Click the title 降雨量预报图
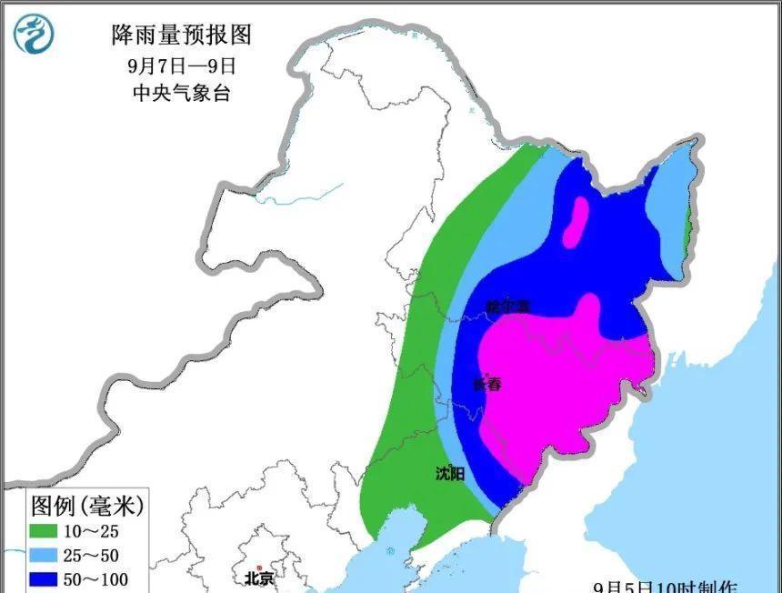(x=181, y=35)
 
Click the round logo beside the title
(x=34, y=35)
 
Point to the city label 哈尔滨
(x=507, y=307)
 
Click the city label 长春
(x=487, y=385)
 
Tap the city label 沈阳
(x=450, y=473)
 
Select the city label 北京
(x=258, y=577)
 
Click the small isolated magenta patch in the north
(x=576, y=224)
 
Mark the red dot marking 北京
(x=259, y=565)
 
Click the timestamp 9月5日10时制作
(x=668, y=586)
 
